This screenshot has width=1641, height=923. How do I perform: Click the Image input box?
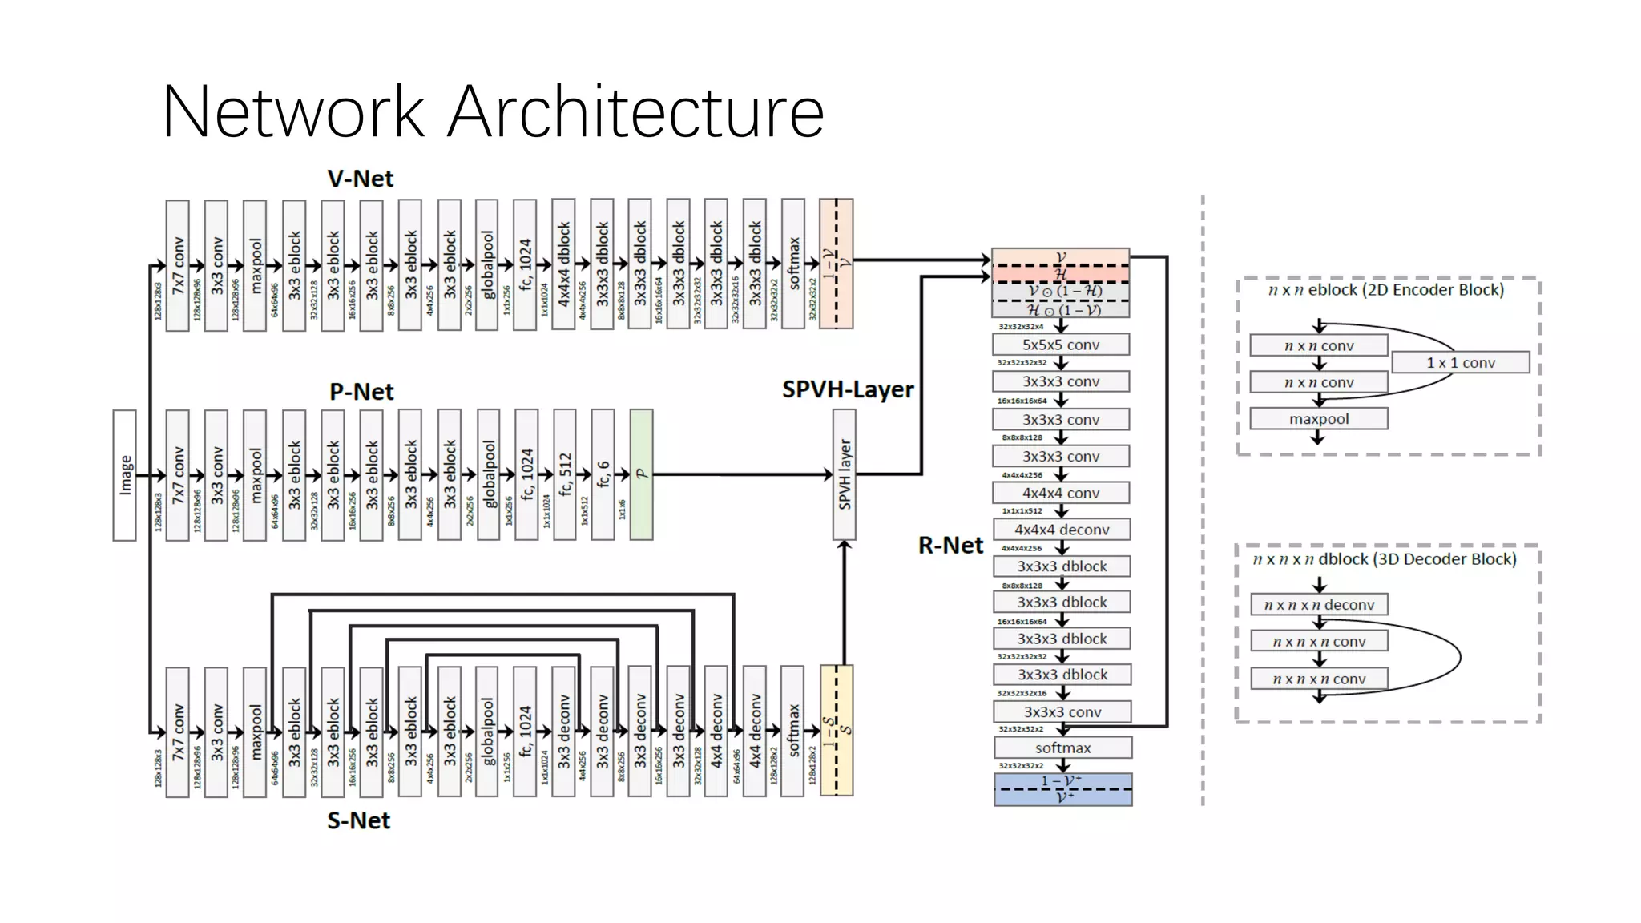124,475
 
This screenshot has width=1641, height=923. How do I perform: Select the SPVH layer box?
844,474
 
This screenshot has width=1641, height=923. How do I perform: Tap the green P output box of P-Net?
641,474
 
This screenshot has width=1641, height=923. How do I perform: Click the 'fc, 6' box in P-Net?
603,474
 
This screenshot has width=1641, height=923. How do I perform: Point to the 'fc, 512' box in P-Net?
564,474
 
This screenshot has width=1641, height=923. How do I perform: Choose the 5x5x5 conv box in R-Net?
1060,345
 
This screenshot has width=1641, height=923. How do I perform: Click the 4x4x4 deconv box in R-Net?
1061,530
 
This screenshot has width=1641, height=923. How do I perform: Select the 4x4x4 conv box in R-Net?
1060,493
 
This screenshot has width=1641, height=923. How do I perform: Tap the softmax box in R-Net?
1062,748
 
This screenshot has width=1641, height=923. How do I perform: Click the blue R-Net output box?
1062,789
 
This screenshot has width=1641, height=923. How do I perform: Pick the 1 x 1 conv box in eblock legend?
1460,363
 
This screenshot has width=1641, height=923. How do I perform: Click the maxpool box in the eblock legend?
1318,419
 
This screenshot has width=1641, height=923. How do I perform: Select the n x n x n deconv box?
1319,605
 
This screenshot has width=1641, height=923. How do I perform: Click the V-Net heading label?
360,179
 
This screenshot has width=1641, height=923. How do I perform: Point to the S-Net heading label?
358,820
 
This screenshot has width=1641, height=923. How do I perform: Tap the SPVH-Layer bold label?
848,389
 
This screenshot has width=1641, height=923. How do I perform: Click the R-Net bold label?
950,546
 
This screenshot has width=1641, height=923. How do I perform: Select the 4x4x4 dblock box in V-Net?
564,264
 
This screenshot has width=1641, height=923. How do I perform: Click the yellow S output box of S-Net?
836,730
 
